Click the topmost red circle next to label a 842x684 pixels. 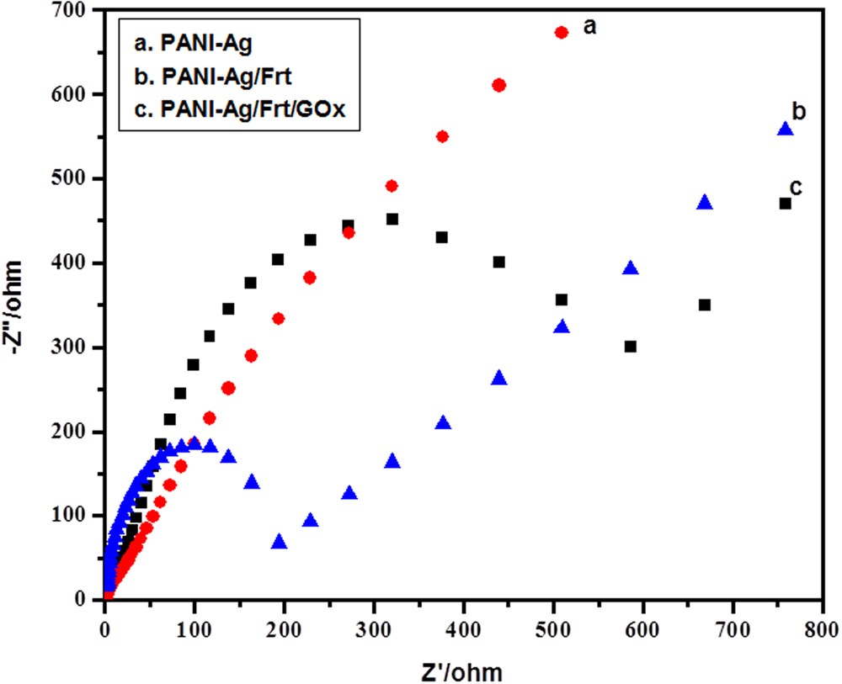point(562,32)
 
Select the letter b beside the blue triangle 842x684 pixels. point(800,110)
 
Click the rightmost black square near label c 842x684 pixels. point(785,204)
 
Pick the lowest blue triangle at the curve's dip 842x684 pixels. point(280,543)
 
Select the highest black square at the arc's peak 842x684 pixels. point(392,219)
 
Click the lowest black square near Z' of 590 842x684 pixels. point(631,347)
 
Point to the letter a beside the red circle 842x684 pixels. point(590,27)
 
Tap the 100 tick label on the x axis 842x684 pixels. point(194,628)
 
